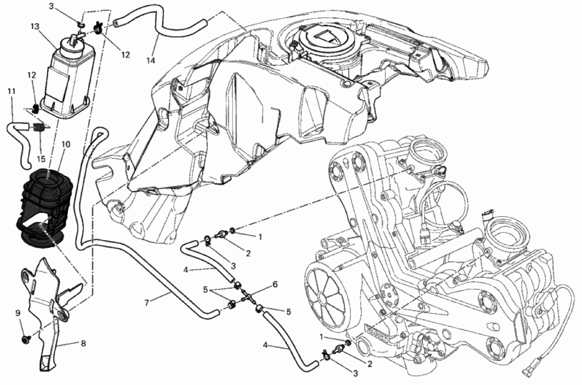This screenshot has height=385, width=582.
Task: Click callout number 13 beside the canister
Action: (x=35, y=26)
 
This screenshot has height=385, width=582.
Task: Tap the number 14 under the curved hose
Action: (x=150, y=61)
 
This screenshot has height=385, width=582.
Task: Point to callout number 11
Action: (x=11, y=91)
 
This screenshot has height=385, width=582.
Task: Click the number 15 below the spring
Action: (x=41, y=159)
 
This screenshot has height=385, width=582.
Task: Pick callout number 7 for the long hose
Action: (x=147, y=303)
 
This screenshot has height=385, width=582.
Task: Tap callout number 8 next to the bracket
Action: (x=83, y=343)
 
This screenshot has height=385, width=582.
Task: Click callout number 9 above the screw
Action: (x=18, y=313)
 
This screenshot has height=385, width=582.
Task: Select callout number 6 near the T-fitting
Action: (x=275, y=284)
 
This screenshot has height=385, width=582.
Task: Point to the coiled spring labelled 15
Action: (x=39, y=128)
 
